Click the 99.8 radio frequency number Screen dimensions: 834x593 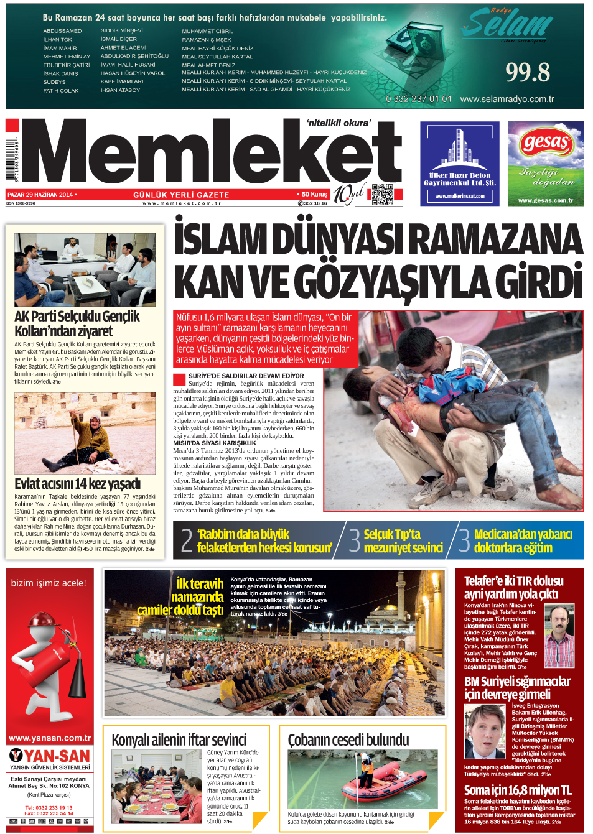(x=527, y=73)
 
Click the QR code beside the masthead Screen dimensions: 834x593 (x=383, y=195)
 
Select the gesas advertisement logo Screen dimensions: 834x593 (x=546, y=142)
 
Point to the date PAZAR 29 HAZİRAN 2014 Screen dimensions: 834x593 (x=40, y=195)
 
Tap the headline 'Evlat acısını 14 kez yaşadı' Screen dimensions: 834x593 (x=78, y=483)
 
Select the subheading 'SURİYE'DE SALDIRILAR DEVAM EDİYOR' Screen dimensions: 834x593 (x=246, y=376)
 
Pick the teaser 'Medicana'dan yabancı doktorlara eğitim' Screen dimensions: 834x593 (x=523, y=540)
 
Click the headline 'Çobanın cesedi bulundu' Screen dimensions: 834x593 (x=348, y=740)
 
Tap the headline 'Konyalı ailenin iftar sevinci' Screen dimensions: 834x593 (x=179, y=740)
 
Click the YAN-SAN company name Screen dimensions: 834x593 (x=57, y=756)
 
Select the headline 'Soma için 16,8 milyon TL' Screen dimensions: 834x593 (x=518, y=790)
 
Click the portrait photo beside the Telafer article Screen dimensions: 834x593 (x=559, y=636)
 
